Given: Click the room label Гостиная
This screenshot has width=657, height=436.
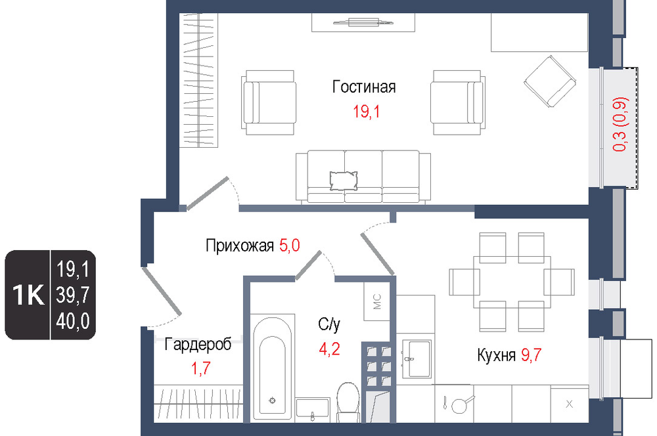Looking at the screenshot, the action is click(364, 87).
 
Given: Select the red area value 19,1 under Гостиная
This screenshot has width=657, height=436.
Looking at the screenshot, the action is click(366, 112).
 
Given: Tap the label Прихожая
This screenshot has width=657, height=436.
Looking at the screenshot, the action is click(240, 246).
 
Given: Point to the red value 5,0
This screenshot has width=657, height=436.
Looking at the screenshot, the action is click(290, 245).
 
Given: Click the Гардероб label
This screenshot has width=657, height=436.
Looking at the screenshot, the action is click(198, 344).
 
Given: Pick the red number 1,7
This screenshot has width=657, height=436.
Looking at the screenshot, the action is click(200, 368).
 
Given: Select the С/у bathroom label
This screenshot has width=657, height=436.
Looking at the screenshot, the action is click(329, 324).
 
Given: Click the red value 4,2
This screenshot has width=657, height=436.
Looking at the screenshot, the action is click(329, 349).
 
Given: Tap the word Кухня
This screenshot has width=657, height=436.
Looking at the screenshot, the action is click(496, 355).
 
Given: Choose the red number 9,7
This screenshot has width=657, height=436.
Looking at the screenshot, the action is click(532, 355).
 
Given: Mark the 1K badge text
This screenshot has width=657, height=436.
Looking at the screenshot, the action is click(28, 295).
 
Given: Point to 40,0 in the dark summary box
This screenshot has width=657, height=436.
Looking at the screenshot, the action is click(73, 321).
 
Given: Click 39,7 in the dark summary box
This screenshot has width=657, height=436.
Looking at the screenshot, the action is click(73, 295).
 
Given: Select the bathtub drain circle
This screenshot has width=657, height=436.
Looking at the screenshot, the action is click(273, 401).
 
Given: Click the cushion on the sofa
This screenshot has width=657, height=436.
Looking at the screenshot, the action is click(344, 181).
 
